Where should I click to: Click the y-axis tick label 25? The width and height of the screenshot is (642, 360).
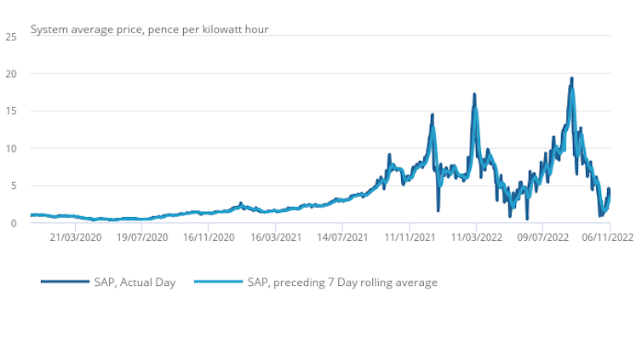click(11, 37)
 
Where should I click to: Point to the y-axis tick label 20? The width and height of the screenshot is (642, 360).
click(11, 74)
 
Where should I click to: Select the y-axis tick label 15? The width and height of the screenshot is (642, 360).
click(11, 111)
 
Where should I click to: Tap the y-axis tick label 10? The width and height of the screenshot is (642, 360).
click(11, 149)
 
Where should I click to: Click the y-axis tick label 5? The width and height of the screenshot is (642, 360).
click(14, 186)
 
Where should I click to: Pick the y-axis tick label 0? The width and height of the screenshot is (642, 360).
click(14, 224)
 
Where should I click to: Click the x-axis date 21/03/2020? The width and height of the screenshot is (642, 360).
click(76, 239)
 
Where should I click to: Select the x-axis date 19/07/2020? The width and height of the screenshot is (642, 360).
click(142, 239)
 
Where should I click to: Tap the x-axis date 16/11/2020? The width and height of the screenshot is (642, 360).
click(209, 239)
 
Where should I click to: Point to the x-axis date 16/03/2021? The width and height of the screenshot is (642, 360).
click(276, 239)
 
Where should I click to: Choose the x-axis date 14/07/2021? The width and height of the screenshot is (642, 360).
click(342, 239)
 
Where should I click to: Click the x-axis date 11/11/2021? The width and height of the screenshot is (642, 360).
click(409, 239)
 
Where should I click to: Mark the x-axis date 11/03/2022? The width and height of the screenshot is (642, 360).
click(476, 239)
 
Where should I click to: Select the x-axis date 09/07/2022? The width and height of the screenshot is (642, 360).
click(542, 239)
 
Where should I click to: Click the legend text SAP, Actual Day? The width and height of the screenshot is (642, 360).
click(135, 282)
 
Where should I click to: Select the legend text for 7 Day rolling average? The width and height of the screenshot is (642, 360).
click(341, 282)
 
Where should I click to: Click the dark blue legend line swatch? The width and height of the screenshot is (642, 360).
click(65, 282)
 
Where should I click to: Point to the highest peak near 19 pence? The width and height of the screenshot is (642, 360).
click(571, 78)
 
